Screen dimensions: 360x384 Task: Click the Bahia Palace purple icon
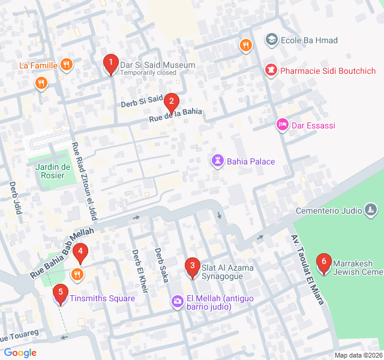pos(217,161)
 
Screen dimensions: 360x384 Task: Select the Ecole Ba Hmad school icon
pos(272,41)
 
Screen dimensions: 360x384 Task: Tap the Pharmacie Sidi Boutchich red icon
pos(272,71)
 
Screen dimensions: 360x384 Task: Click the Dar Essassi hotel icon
pos(281,125)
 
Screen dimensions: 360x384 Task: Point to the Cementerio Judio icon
pos(371,210)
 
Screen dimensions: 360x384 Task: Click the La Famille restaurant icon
pos(66,65)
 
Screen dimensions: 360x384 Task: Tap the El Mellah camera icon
pos(177,301)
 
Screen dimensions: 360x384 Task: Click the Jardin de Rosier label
pos(53,171)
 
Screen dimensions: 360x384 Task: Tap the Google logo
pos(20,353)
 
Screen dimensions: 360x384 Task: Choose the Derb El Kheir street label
pos(139,271)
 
